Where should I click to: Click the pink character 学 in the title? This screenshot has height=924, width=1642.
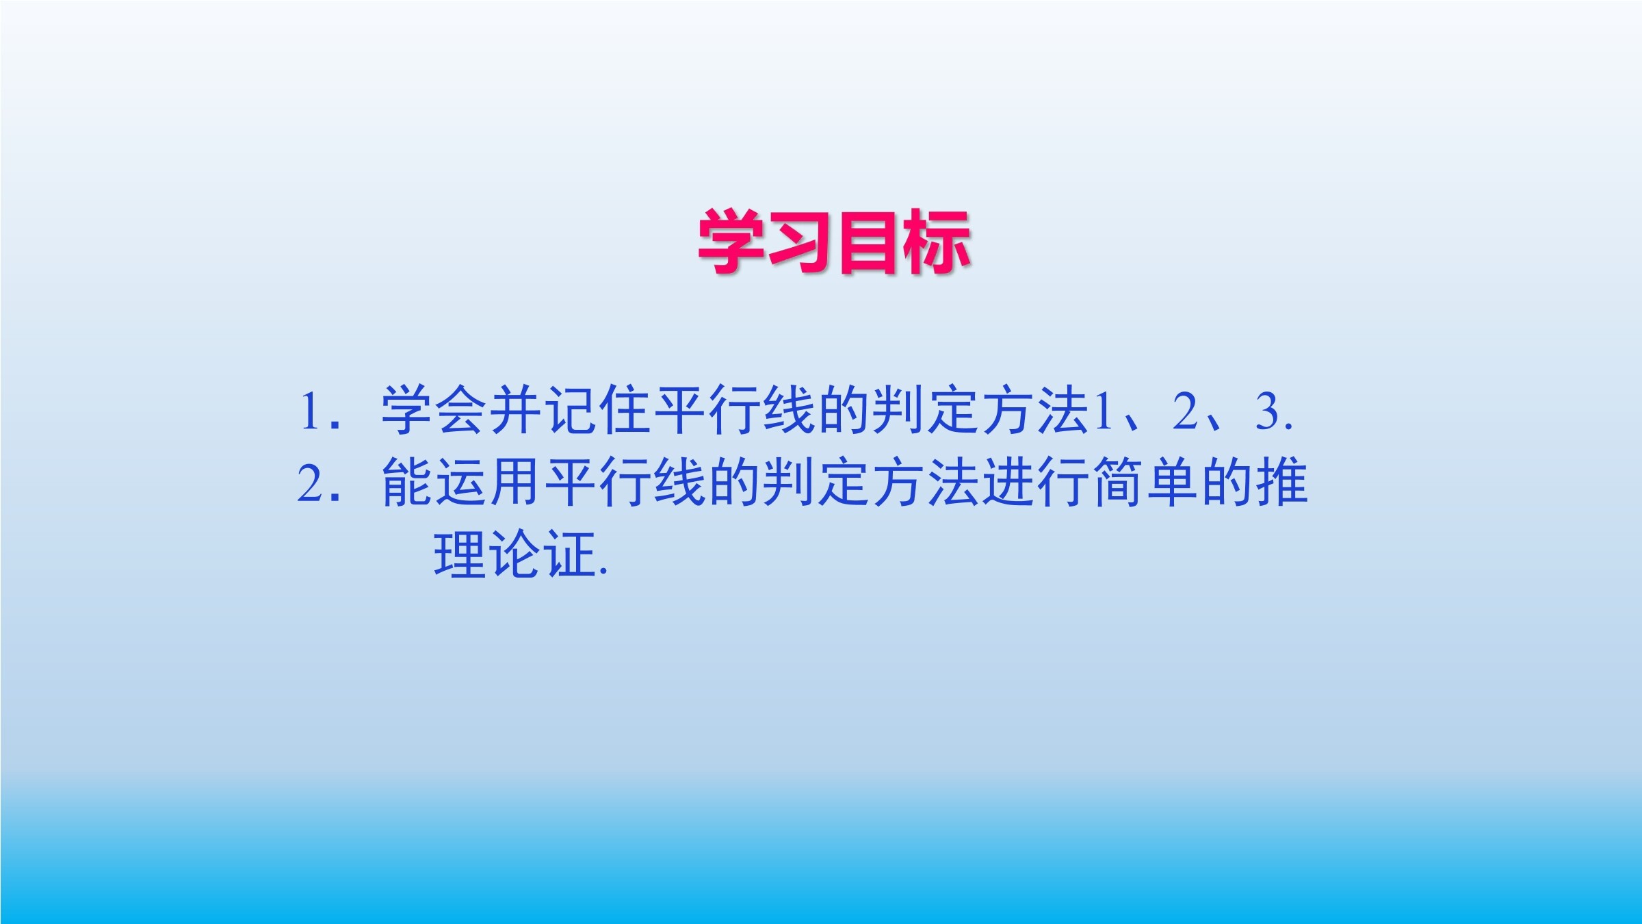pos(731,242)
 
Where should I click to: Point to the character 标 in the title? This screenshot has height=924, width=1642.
pos(936,242)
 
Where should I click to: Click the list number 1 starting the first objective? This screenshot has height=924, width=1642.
pos(311,412)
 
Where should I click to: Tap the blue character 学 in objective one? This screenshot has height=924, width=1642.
pos(407,411)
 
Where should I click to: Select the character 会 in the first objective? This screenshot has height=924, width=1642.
pos(462,411)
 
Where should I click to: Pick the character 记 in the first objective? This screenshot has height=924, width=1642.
pos(571,411)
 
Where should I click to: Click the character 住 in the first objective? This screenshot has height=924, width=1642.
pos(626,411)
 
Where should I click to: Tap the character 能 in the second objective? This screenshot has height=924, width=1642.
pos(407,483)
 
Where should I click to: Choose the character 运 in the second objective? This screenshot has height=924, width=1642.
pos(462,483)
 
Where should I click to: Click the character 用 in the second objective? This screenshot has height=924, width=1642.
pos(517,483)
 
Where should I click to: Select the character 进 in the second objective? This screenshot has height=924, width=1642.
pos(1009,483)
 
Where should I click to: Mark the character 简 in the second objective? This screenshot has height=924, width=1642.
pos(1119,483)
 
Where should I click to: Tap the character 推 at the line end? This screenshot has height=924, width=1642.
pos(1283,483)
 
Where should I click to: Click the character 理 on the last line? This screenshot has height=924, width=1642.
pos(460,554)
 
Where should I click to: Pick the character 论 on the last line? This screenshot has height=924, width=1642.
pos(514,554)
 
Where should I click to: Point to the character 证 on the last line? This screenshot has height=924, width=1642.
pos(569,554)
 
